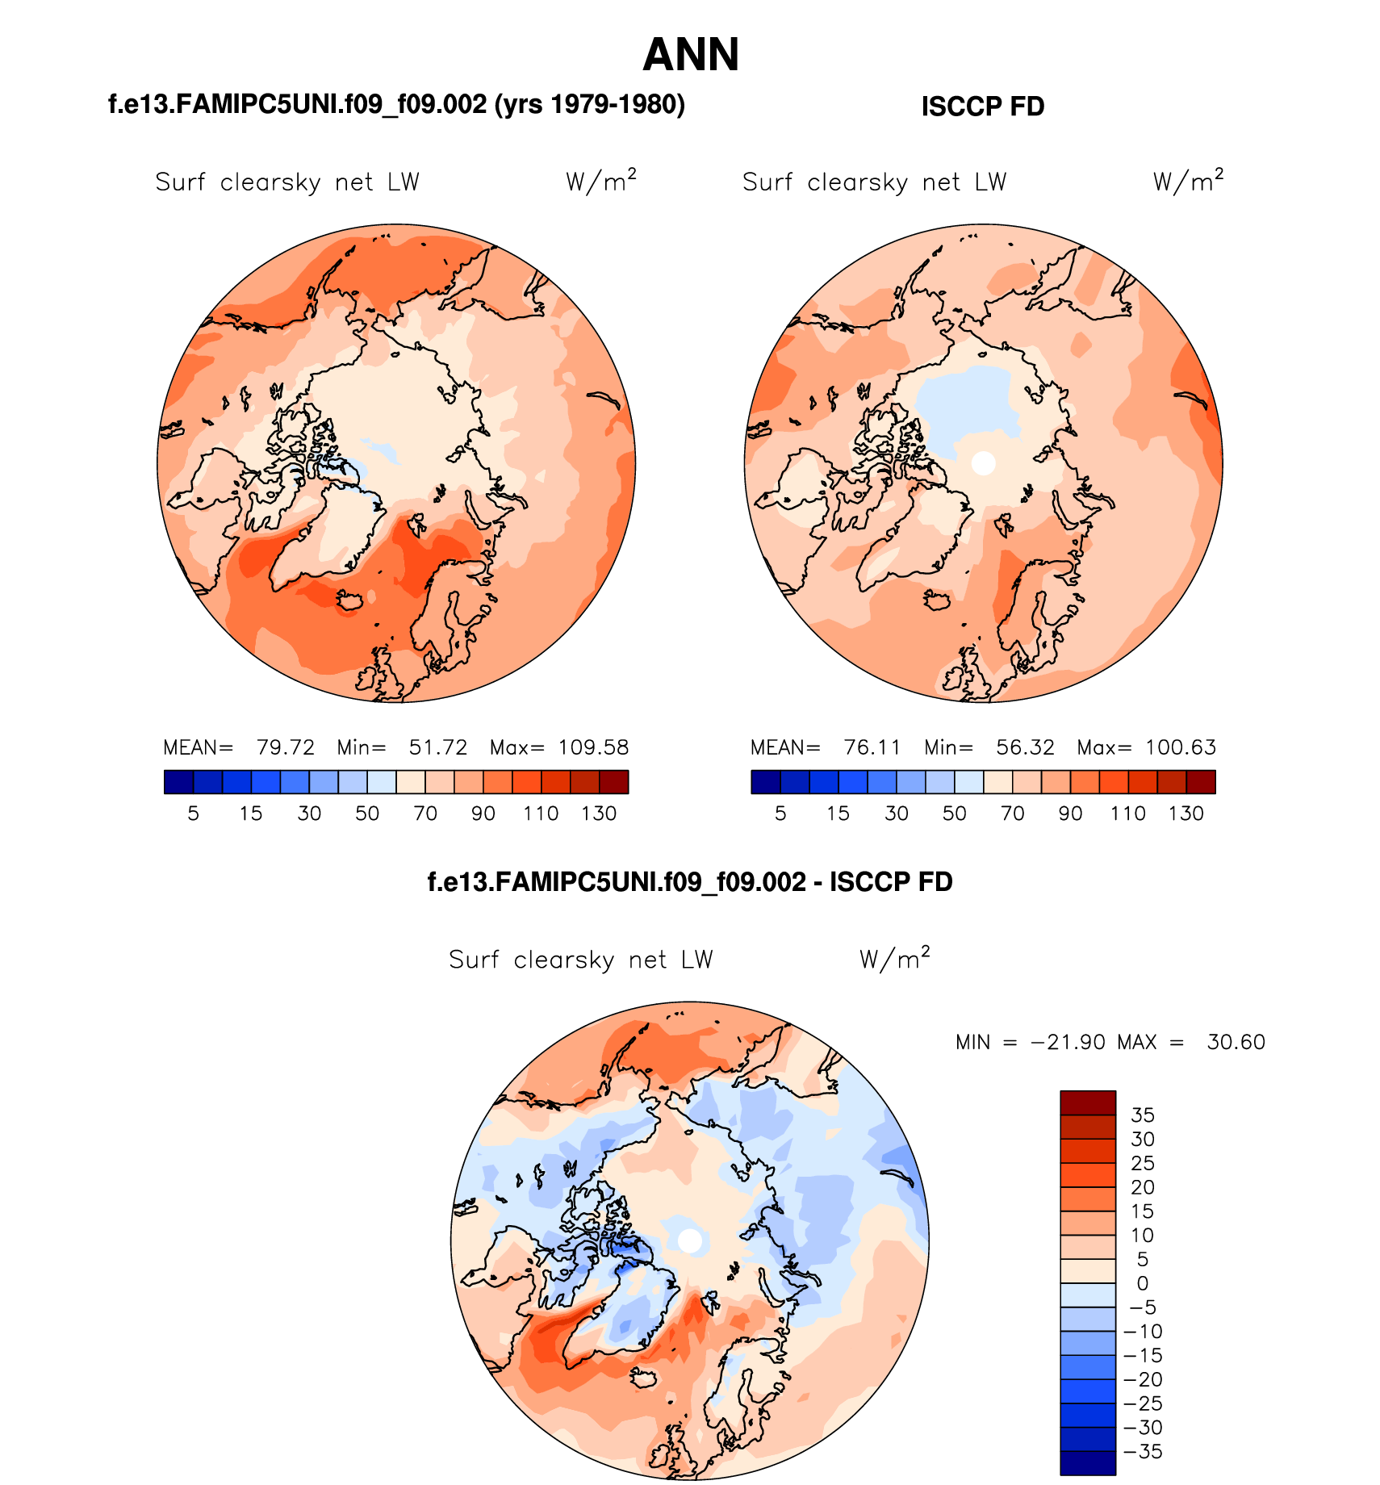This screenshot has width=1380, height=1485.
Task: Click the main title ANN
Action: coord(691,56)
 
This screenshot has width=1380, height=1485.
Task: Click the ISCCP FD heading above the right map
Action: coord(982,107)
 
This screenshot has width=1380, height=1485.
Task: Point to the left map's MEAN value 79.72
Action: coord(285,747)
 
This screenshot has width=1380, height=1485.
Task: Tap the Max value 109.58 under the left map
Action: coord(593,747)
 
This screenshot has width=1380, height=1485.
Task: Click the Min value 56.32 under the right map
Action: coord(1025,747)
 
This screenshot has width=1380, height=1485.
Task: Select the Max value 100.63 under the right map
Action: coord(1180,747)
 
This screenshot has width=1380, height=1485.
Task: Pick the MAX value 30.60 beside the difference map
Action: coord(1236,1042)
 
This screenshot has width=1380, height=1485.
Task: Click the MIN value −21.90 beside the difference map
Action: coord(1068,1042)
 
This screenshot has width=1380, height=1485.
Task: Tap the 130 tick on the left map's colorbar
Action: coord(599,814)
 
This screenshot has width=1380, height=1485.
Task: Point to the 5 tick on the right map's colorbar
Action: coord(780,814)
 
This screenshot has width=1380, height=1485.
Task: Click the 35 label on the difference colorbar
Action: coord(1143,1115)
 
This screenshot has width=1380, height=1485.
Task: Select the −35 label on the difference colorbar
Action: coord(1143,1452)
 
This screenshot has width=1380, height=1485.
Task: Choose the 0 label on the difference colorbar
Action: coord(1142,1283)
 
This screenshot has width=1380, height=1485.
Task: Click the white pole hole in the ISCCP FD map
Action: coord(983,463)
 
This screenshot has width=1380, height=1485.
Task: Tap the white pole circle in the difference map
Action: coord(690,1240)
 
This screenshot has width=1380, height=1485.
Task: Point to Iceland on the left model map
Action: coord(350,600)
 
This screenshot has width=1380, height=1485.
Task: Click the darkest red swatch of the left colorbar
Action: coord(613,782)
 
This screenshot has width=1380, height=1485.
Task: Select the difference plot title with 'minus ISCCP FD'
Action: coord(690,882)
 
